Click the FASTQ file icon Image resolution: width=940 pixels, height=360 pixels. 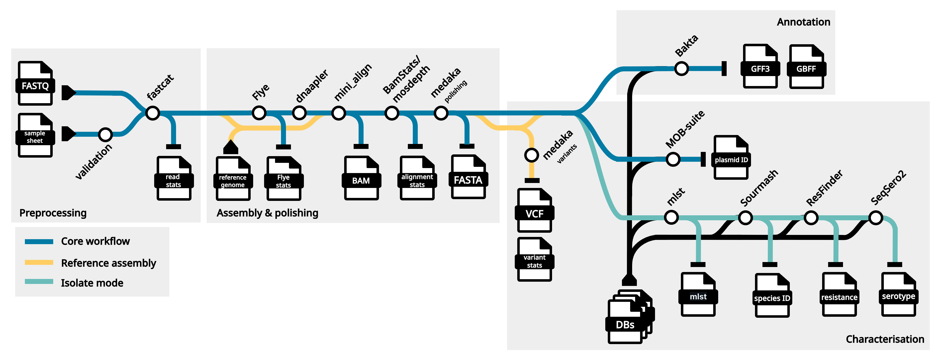[x=35, y=84]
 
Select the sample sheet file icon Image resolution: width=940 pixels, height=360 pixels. [x=35, y=136]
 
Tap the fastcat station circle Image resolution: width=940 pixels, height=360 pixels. [x=152, y=113]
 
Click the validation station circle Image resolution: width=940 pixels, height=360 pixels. [x=105, y=135]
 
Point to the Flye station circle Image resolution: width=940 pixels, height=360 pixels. [x=259, y=113]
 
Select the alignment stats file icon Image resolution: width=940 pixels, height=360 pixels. [x=417, y=178]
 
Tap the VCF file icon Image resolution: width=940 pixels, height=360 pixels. [x=534, y=211]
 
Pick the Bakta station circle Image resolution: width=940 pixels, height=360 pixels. [x=681, y=69]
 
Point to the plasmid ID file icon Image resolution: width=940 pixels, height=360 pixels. [x=731, y=158]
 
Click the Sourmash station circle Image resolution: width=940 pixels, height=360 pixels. [x=745, y=218]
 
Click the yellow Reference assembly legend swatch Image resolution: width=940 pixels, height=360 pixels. [x=39, y=263]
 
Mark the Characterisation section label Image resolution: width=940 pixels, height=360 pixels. [x=885, y=339]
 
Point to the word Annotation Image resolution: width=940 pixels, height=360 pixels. [x=803, y=22]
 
